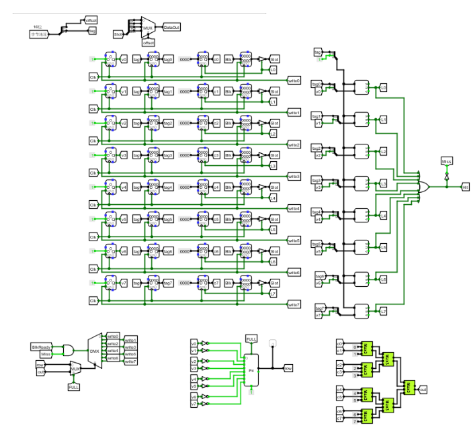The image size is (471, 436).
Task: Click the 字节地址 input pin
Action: (x=40, y=32)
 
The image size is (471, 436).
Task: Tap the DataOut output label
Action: (x=171, y=27)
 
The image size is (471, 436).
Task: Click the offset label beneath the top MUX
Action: (x=148, y=42)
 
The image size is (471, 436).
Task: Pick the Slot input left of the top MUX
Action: (x=118, y=33)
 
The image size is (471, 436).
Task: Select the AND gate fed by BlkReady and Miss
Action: (x=69, y=350)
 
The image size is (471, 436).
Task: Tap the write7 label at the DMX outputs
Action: (x=130, y=361)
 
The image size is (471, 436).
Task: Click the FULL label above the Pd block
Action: (x=252, y=338)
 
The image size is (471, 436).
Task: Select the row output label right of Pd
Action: (x=288, y=368)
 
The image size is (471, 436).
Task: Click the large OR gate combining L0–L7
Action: (x=425, y=186)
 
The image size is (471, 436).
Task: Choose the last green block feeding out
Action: (x=408, y=388)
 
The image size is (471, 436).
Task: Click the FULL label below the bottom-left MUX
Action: (x=74, y=387)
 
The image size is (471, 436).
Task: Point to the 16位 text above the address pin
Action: (x=38, y=26)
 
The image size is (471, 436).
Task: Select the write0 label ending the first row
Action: (x=293, y=80)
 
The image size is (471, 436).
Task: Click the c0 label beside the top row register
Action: (x=216, y=59)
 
